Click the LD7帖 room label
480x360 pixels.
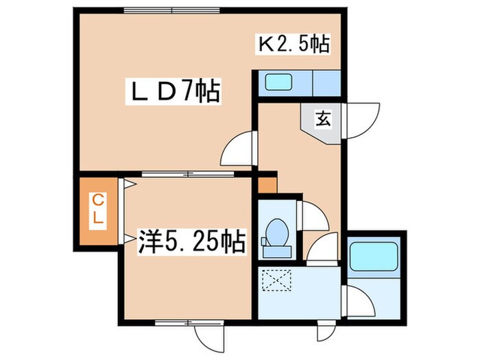[x=175, y=91]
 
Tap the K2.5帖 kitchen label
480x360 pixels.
[x=293, y=45]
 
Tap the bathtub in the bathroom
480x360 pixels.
[x=373, y=258]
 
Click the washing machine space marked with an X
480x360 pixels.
[x=278, y=280]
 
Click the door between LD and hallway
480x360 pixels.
[x=239, y=146]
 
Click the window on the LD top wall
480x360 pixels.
[x=172, y=9]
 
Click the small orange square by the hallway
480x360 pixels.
[x=267, y=184]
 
